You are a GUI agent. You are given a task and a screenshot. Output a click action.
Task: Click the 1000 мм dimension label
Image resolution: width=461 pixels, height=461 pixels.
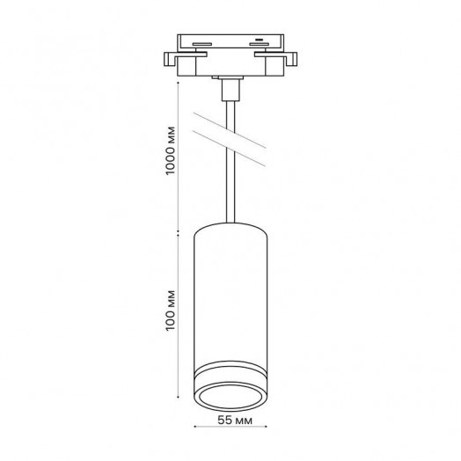pos(171,150)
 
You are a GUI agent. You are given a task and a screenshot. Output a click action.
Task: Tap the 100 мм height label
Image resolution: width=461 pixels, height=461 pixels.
pos(171,311)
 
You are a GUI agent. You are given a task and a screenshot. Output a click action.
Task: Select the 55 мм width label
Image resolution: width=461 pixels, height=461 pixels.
pos(235,421)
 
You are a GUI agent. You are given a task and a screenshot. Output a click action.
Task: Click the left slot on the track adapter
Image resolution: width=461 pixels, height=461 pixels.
pos(202,44)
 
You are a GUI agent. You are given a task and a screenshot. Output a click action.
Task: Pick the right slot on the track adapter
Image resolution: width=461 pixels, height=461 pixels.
pos(259,44)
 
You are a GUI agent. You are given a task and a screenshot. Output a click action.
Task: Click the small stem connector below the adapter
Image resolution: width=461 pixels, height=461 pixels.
pos(230,91)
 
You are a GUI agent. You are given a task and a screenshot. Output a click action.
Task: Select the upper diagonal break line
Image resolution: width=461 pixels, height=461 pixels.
pos(230,130)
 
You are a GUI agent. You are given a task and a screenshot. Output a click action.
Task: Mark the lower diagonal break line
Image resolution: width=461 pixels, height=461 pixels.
pos(229,149)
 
